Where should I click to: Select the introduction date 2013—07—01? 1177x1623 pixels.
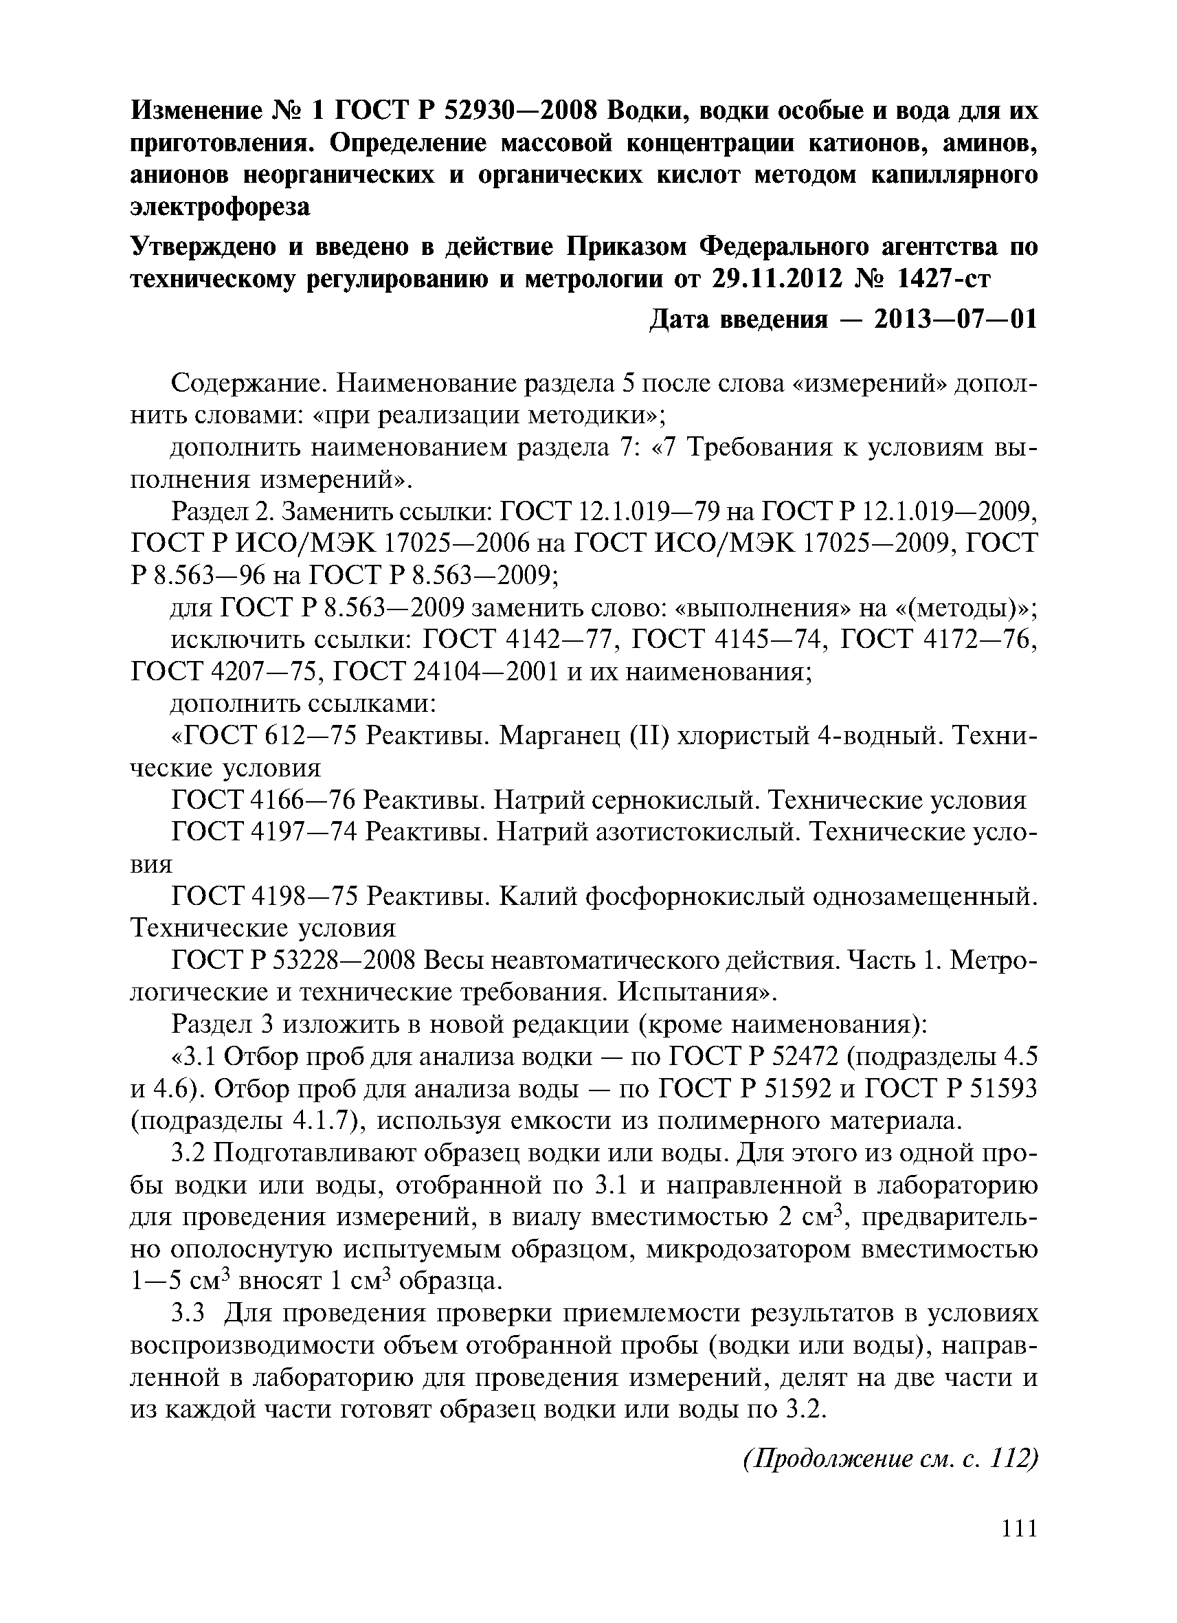coord(955,319)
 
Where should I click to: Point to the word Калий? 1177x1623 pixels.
coord(537,897)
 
